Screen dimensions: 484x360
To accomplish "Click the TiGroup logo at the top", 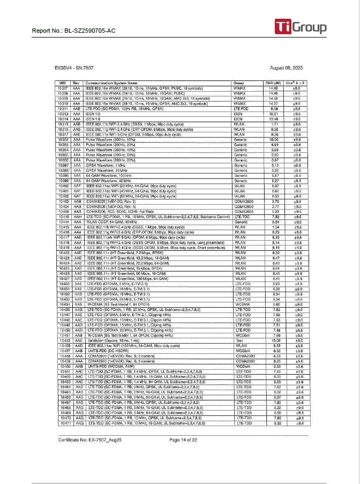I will pos(301,27).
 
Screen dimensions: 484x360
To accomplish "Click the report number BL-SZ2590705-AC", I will pos(73,31).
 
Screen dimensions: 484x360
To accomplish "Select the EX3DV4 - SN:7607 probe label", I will pos(74,68).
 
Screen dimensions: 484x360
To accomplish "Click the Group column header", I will pos(239,83).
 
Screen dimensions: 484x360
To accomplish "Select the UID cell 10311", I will pos(63,109).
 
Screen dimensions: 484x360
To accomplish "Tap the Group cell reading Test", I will pos(238,340).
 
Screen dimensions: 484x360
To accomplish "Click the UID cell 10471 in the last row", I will pos(63,423).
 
